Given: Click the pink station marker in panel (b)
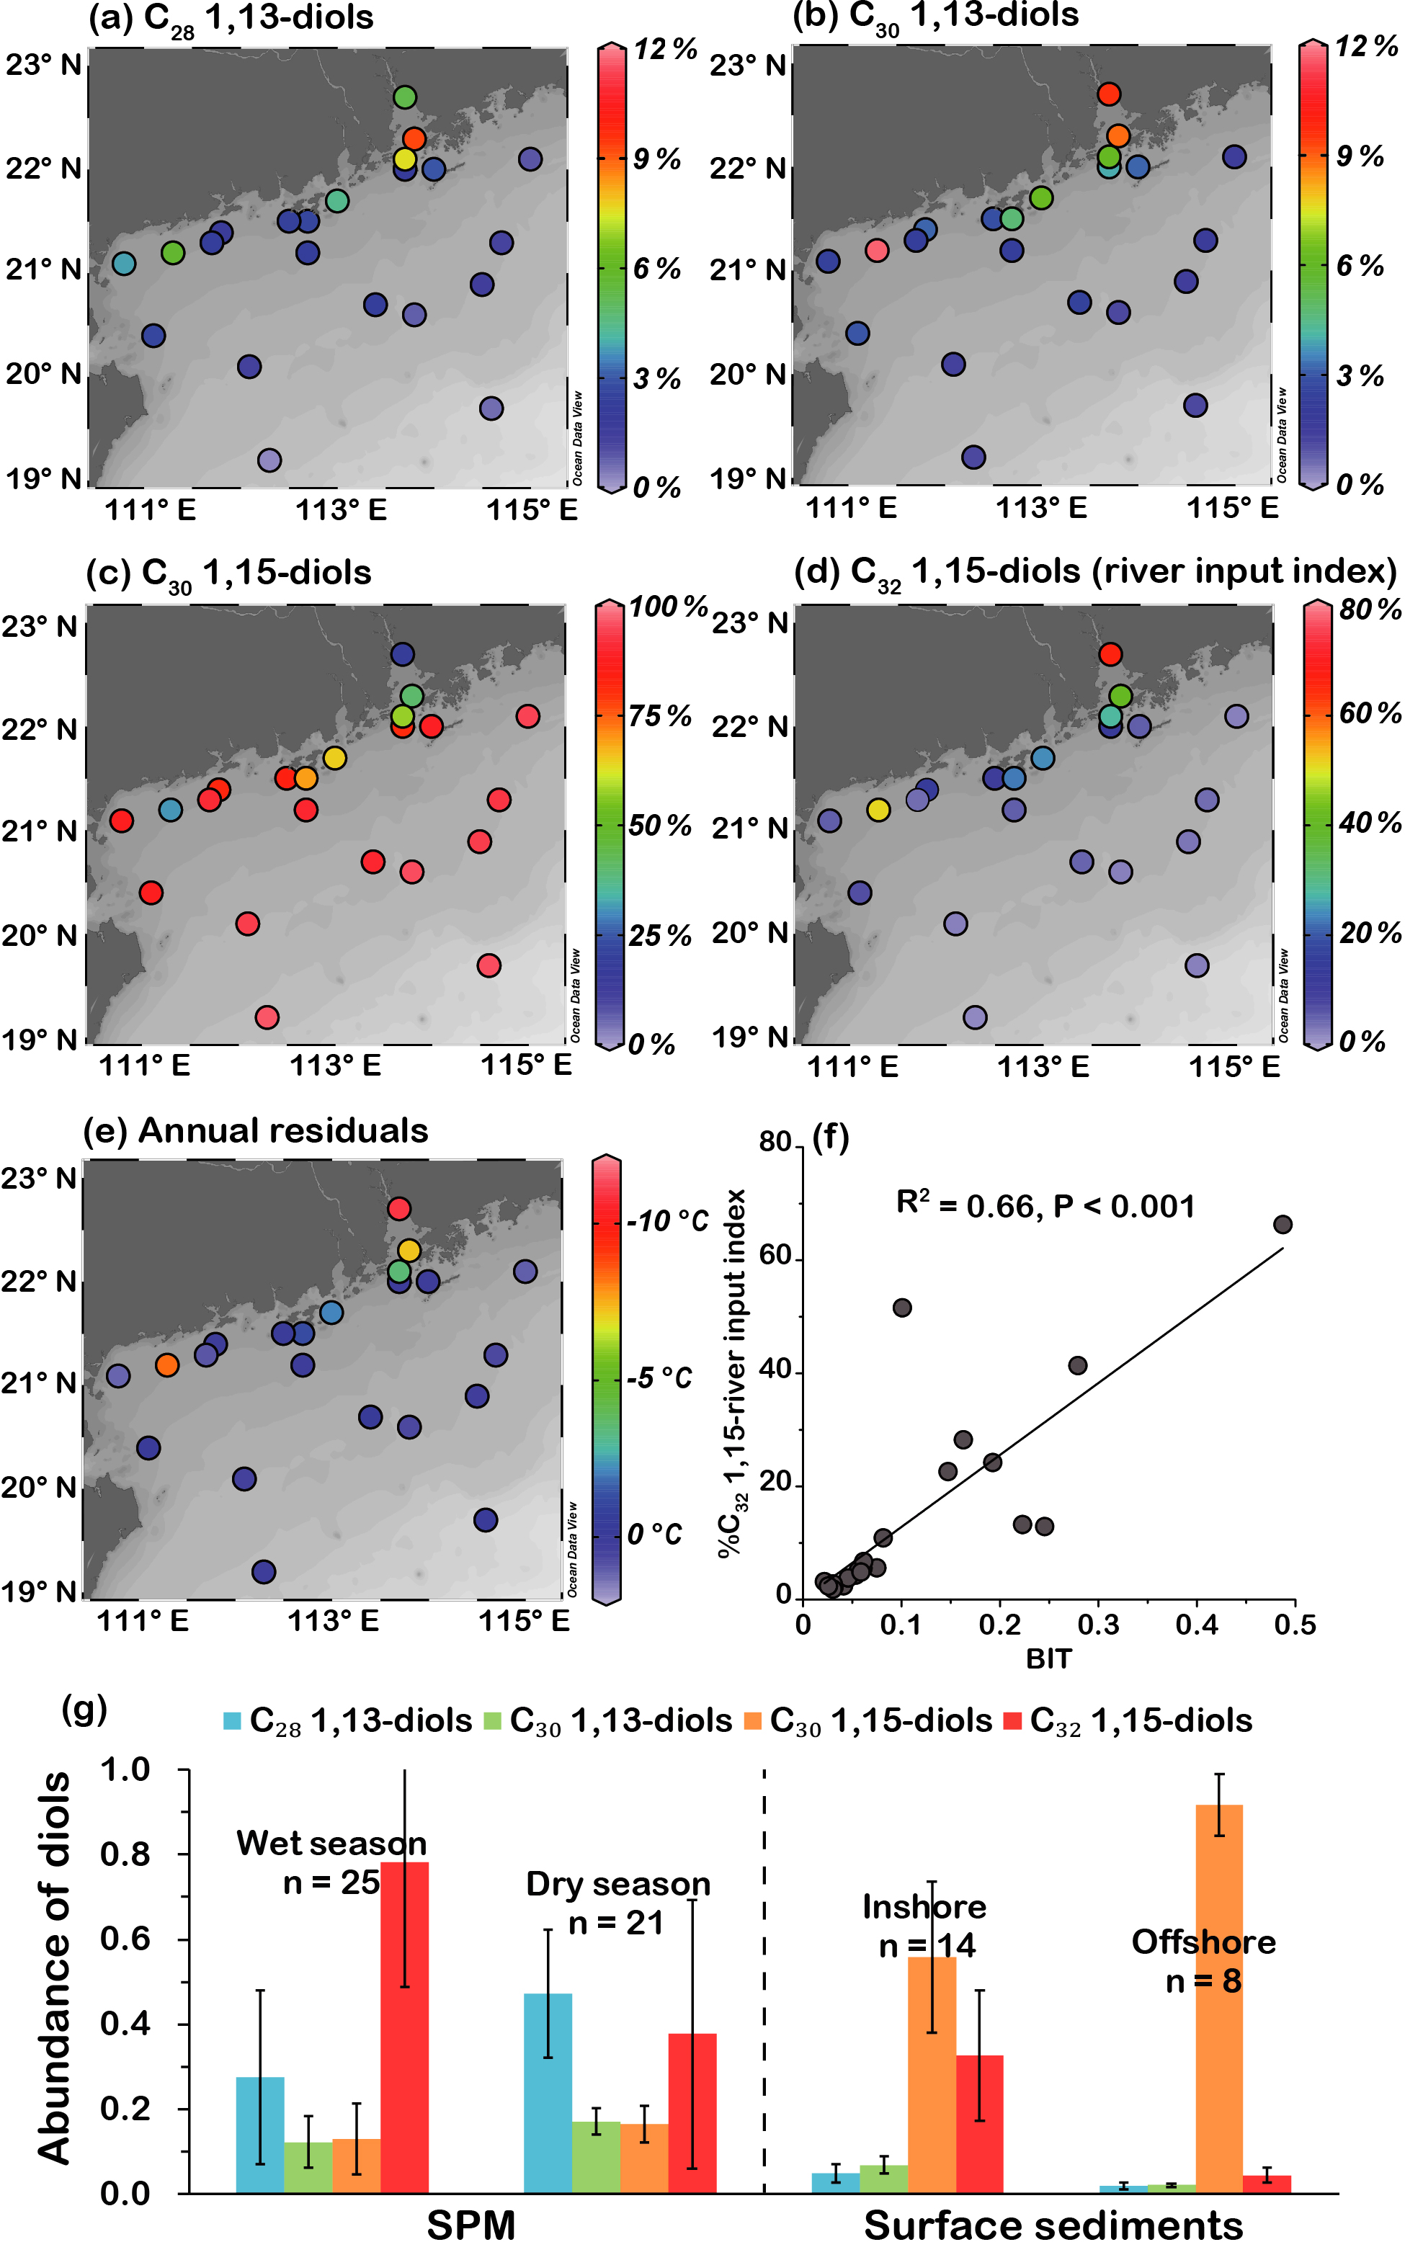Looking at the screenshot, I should click(x=876, y=250).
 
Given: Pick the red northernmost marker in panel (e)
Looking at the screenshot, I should click(x=398, y=1209).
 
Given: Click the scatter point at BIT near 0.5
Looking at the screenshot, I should click(x=1283, y=1225).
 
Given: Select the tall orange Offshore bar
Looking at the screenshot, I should click(x=1218, y=1998).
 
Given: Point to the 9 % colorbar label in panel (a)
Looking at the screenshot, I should click(x=656, y=159).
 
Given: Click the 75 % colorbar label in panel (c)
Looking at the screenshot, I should click(x=660, y=716).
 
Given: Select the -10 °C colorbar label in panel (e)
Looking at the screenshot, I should click(x=667, y=1220).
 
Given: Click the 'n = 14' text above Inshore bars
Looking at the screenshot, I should click(x=927, y=1946).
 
